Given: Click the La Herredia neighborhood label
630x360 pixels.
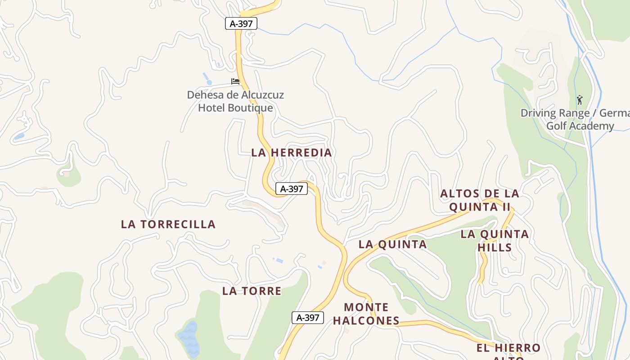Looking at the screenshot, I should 292,153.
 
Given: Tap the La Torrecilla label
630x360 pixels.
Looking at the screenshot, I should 168,224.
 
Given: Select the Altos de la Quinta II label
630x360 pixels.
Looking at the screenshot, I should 480,200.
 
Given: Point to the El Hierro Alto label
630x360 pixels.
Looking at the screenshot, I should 508,351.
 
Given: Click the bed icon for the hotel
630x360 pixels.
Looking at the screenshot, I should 235,81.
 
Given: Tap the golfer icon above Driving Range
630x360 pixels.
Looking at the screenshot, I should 580,99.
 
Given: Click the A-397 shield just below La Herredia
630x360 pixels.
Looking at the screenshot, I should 292,189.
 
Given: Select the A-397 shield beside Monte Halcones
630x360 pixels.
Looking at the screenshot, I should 308,318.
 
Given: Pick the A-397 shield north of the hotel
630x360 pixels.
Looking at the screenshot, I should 241,23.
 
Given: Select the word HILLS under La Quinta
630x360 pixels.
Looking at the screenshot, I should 495,247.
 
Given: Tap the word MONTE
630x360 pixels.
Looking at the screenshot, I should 366,307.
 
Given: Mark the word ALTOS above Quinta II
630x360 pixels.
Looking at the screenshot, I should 459,194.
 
